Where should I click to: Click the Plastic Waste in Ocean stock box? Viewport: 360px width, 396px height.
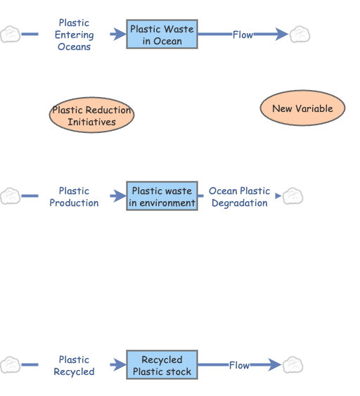[x=162, y=35]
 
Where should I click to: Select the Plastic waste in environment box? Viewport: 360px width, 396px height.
[x=162, y=196]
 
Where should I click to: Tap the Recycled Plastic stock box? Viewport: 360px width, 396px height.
[x=162, y=365]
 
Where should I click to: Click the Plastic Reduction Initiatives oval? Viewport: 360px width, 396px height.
[x=91, y=116]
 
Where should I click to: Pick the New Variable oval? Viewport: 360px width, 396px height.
[x=302, y=108]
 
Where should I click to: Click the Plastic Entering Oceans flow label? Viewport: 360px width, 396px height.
[x=74, y=34]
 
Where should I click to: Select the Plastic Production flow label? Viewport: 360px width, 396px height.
[x=74, y=196]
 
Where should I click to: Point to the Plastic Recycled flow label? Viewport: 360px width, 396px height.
[x=74, y=365]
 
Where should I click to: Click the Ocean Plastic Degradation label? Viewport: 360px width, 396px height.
[x=239, y=196]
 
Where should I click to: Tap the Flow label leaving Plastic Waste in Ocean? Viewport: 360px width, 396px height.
[x=243, y=34]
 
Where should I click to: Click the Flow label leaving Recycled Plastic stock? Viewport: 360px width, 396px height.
[x=239, y=365]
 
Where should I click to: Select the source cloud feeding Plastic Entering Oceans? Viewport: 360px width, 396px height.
[x=11, y=34]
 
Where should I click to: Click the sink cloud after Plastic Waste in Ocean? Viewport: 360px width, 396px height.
[x=300, y=34]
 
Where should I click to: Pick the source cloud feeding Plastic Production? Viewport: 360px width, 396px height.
[x=11, y=196]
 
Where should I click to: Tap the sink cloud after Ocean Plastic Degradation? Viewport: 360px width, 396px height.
[x=293, y=196]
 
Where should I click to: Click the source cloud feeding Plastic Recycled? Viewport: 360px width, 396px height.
[x=11, y=365]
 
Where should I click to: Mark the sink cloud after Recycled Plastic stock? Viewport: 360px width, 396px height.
[x=293, y=365]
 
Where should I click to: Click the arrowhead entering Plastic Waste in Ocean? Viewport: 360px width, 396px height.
[x=119, y=34]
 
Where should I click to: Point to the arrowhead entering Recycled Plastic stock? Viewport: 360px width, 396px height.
[x=119, y=365]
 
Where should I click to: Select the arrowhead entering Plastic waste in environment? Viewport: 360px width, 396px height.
[x=119, y=196]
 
